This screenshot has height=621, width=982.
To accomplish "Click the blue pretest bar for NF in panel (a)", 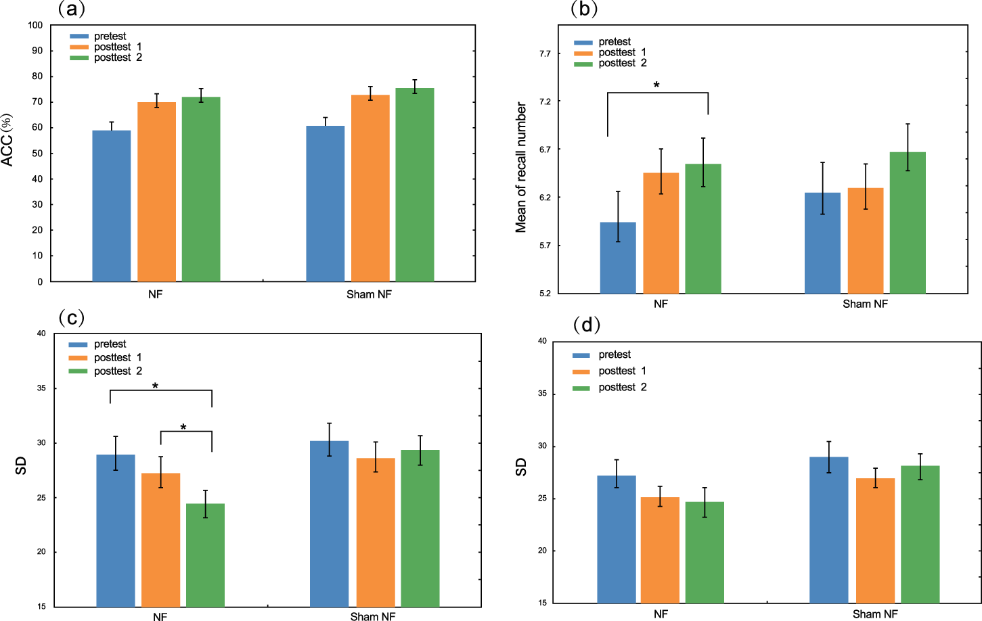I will [112, 206].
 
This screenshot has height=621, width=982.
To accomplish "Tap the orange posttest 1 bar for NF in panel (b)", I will [661, 233].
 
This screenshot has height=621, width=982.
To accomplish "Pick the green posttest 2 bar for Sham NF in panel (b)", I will [908, 223].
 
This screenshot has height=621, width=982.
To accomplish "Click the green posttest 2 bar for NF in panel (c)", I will [205, 555].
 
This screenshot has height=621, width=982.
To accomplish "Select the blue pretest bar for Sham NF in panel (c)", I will [329, 524].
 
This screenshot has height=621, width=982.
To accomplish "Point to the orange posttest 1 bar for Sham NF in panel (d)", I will [875, 540].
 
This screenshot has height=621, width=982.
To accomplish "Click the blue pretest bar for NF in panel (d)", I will [616, 539].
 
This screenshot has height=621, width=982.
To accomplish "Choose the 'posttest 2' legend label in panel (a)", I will [118, 57].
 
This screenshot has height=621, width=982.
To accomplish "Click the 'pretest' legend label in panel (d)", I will [615, 354].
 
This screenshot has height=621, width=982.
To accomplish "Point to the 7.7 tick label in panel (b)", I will [545, 53].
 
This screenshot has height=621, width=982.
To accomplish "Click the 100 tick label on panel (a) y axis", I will [35, 25].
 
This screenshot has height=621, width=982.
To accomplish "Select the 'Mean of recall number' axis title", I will [521, 168].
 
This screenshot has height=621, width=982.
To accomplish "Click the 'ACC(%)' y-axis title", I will [7, 140].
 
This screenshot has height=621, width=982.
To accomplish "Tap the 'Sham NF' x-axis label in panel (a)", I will [369, 294].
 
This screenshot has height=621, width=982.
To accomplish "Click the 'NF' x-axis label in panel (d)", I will [661, 614].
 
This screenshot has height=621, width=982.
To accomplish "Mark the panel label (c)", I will [71, 317].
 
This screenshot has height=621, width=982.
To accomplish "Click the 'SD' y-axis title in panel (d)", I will [521, 467].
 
